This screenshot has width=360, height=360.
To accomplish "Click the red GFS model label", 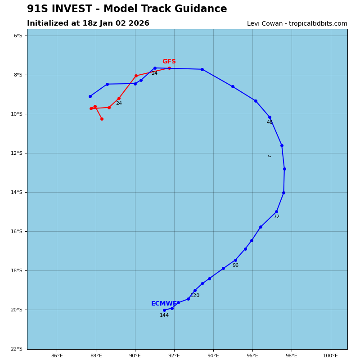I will [x=169, y=62].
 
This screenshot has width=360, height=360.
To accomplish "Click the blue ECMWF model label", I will [x=164, y=304].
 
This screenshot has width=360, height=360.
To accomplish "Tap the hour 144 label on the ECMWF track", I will [x=164, y=315].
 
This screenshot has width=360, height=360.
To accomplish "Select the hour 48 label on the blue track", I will [x=270, y=122].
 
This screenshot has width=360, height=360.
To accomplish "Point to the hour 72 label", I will [x=276, y=217].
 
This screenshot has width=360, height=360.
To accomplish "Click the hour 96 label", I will [x=235, y=265].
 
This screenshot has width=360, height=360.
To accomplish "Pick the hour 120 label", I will [x=195, y=296].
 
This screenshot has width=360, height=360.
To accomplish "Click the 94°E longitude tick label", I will [x=213, y=356].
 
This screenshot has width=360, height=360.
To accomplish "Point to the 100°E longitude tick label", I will [x=331, y=356].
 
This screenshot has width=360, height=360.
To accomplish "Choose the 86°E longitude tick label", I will [x=57, y=356].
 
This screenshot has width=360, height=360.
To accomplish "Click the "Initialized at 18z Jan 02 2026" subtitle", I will [x=88, y=23].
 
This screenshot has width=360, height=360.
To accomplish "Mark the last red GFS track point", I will [x=102, y=119].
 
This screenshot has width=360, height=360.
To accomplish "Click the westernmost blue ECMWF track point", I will [x=90, y=96].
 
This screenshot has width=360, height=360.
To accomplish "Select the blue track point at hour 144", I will [x=164, y=310].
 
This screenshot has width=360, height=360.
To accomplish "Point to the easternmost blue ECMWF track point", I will [x=284, y=169].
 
